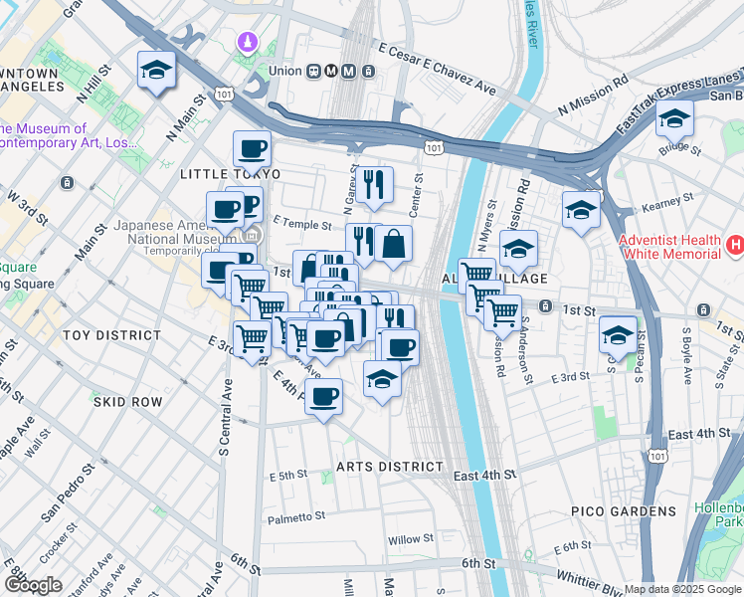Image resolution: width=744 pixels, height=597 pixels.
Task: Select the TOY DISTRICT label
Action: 111,335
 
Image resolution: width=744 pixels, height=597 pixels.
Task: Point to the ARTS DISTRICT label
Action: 389,467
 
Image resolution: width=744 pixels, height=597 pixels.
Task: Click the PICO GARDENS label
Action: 623,511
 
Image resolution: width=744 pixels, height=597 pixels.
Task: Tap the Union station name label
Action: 283,72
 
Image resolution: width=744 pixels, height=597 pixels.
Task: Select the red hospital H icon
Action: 734,244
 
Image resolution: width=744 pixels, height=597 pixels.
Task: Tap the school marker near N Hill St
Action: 156,70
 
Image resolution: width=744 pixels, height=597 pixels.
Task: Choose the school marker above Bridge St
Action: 674,119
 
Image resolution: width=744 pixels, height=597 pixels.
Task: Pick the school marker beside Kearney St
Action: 581,210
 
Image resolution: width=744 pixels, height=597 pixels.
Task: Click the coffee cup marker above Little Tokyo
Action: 252,150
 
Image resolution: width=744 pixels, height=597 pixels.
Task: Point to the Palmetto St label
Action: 296,517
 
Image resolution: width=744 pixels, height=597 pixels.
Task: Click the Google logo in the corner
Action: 34,585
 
